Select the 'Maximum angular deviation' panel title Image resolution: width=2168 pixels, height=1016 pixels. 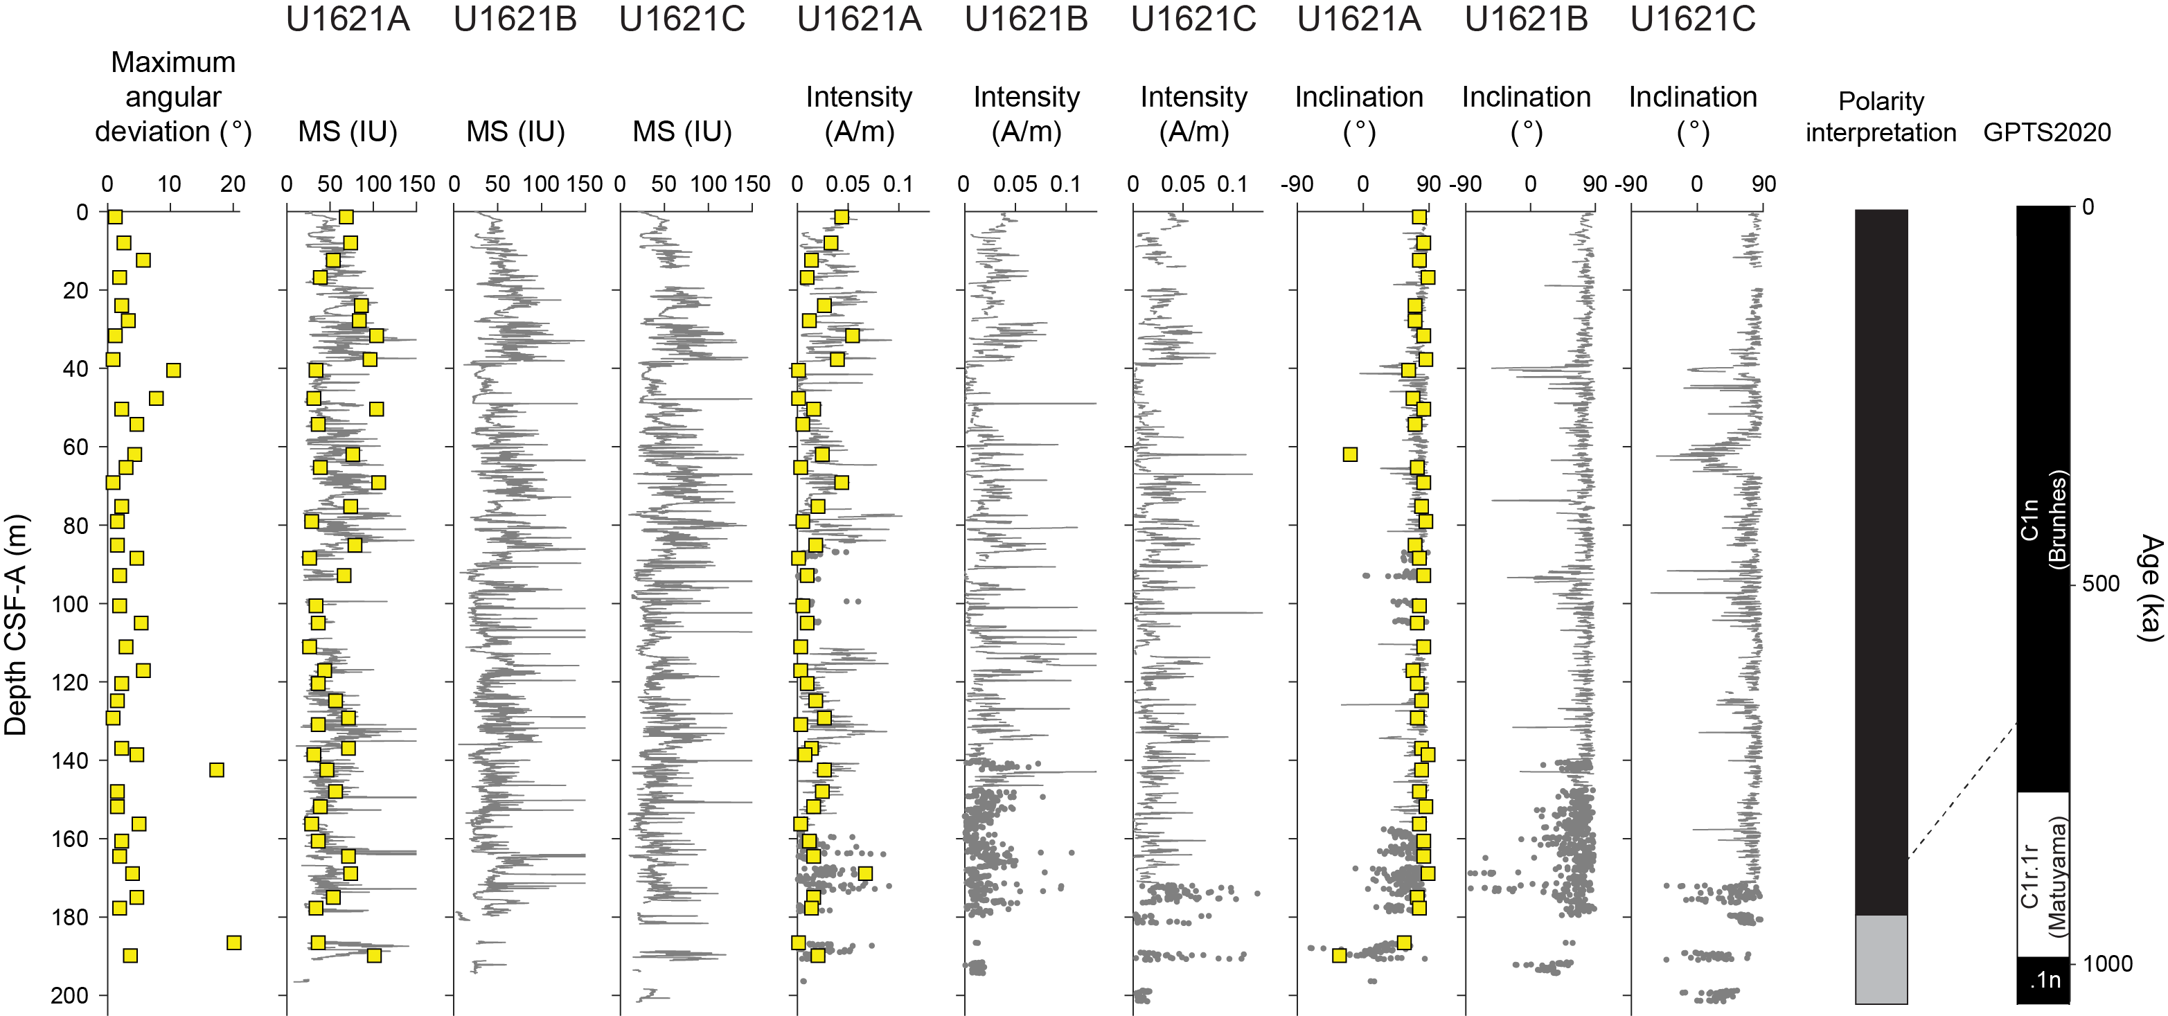pyautogui.click(x=172, y=97)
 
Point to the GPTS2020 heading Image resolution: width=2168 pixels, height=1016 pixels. pyautogui.click(x=2047, y=132)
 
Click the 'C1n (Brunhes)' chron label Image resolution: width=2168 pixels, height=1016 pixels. pyautogui.click(x=2043, y=520)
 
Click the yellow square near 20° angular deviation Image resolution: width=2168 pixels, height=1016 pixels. pyautogui.click(x=234, y=942)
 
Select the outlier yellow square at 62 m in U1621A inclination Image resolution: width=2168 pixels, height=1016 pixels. pyautogui.click(x=1350, y=454)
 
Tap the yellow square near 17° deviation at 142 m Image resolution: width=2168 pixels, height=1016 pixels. pyautogui.click(x=216, y=769)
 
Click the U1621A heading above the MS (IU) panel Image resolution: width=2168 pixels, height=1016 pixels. pyautogui.click(x=348, y=19)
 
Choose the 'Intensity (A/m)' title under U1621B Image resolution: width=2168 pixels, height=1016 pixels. pyautogui.click(x=1026, y=114)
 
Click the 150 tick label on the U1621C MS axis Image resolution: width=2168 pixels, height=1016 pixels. pyautogui.click(x=752, y=184)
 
